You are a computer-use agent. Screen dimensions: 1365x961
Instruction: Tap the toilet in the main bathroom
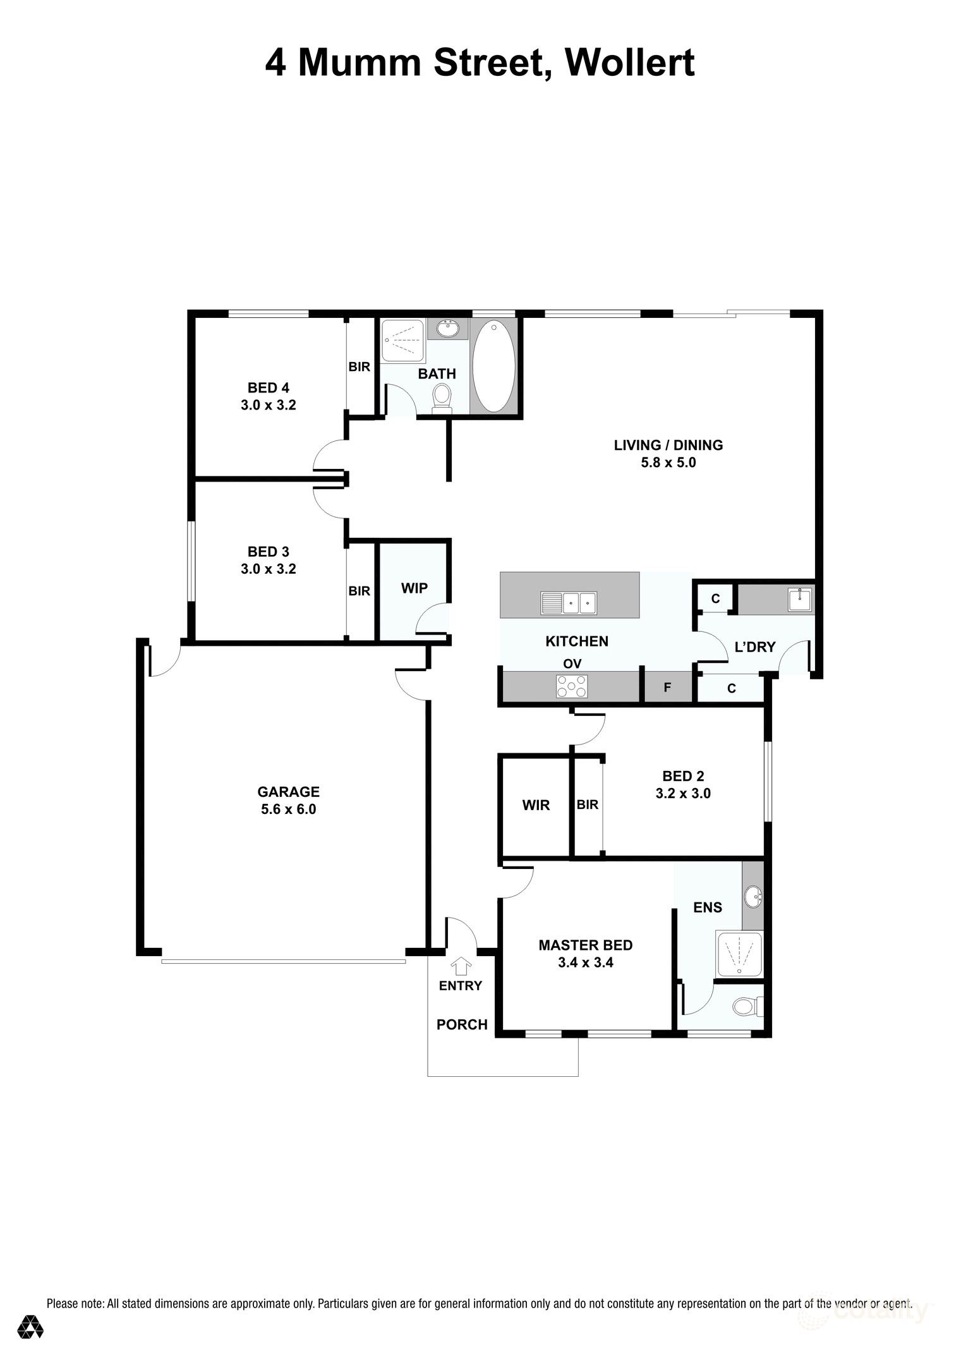pos(442,399)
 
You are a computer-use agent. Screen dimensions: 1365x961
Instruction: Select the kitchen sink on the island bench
pos(569,603)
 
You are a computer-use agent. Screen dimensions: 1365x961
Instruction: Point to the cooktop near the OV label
pos(572,686)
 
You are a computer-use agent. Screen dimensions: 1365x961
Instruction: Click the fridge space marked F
pos(667,688)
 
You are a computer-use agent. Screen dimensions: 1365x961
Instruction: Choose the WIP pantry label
pos(414,588)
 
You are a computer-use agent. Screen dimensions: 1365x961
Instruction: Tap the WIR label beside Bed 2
pos(536,805)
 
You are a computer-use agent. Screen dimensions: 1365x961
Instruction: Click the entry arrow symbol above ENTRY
pos(461,966)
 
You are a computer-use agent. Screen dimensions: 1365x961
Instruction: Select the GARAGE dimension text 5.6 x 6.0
pos(288,809)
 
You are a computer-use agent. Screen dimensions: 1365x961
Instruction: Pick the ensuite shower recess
pos(739,955)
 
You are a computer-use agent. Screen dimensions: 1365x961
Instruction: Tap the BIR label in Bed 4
pos(360,367)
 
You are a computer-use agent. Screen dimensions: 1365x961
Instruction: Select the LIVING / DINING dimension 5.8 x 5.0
pos(668,463)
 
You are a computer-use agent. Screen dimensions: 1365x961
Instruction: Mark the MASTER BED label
pos(585,945)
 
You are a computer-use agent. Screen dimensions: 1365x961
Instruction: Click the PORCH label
pos(462,1024)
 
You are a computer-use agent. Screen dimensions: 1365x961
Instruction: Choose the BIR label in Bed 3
pos(360,591)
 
